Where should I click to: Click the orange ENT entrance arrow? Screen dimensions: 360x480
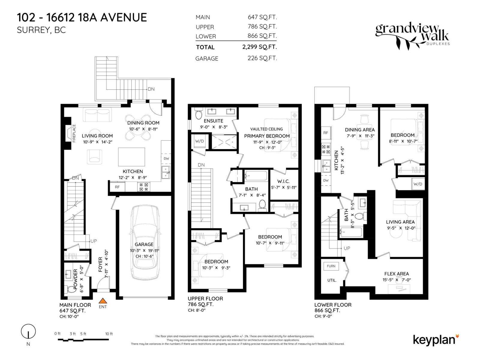(x=103, y=301)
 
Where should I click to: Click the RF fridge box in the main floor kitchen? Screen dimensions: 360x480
(x=117, y=187)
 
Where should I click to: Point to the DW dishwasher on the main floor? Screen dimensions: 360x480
(x=166, y=159)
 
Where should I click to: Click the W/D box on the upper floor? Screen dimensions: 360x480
(x=199, y=141)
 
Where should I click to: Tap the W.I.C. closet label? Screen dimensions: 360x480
(x=283, y=181)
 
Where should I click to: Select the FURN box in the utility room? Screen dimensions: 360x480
(x=331, y=266)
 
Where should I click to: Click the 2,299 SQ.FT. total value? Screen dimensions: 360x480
(x=259, y=47)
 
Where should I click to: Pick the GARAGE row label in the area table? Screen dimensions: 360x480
(x=207, y=58)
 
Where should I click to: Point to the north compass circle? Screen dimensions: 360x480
(x=28, y=332)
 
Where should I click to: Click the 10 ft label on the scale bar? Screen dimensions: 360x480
(x=109, y=334)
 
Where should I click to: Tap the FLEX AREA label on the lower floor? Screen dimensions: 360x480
(x=396, y=274)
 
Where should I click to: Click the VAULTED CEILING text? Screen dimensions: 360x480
(x=266, y=129)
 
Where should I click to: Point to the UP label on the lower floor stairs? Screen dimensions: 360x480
(x=347, y=248)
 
